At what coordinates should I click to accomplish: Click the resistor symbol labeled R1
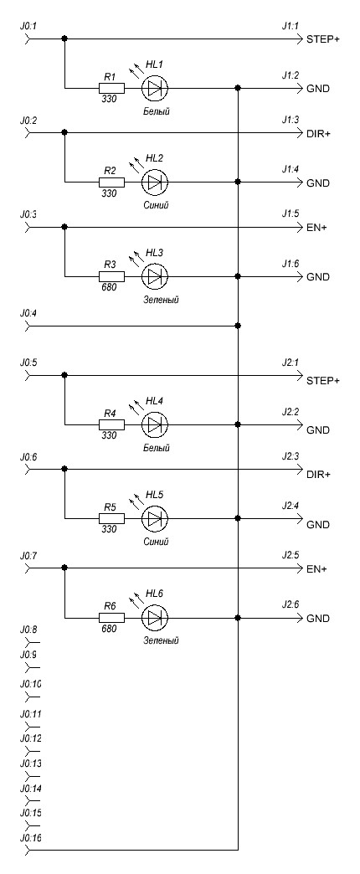click(x=111, y=88)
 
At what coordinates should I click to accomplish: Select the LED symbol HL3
click(x=155, y=276)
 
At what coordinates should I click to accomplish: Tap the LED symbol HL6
click(x=155, y=618)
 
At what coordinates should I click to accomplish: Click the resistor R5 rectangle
click(x=111, y=518)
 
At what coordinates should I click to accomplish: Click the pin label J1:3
click(x=291, y=120)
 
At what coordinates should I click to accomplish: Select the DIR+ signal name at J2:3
click(x=318, y=475)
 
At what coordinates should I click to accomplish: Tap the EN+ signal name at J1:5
click(x=316, y=229)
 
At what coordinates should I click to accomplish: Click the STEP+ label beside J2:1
click(x=322, y=381)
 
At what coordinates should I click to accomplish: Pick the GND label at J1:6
click(x=317, y=278)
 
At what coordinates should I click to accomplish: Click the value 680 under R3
click(x=110, y=288)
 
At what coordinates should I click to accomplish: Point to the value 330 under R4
click(x=110, y=435)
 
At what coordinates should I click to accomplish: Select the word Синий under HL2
click(x=156, y=205)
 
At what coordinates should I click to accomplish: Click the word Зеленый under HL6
click(x=161, y=641)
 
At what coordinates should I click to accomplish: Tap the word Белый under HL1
click(x=156, y=111)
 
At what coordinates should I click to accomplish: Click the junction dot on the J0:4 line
click(x=238, y=325)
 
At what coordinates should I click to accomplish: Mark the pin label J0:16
click(x=30, y=838)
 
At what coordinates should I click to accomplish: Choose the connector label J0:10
click(x=30, y=684)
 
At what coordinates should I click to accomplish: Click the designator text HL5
click(x=155, y=495)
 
